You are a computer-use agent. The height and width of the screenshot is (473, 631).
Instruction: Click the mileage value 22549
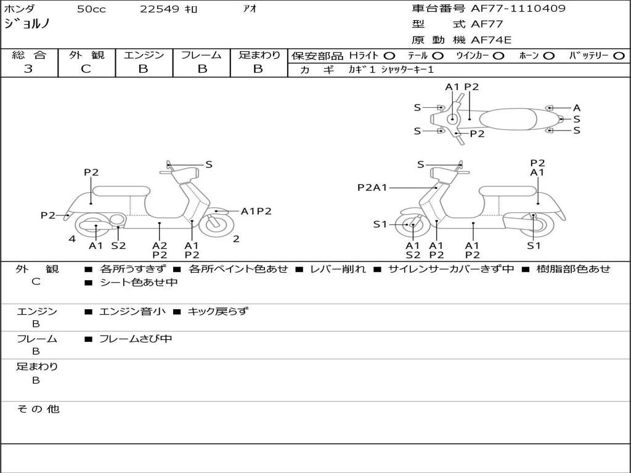point(160,9)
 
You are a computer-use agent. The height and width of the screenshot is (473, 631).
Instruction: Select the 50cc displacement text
point(91,9)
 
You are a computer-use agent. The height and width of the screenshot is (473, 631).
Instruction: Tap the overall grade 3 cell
point(28,69)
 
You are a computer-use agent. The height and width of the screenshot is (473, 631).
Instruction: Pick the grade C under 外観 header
point(86,69)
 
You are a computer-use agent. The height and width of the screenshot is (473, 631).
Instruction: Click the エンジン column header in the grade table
point(144,55)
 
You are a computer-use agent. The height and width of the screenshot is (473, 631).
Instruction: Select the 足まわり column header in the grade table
point(259,55)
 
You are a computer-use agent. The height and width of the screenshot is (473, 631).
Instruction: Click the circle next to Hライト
point(389,55)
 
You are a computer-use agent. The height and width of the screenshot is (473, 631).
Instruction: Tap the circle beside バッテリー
point(619,55)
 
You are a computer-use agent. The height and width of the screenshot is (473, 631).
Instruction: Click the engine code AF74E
point(491,41)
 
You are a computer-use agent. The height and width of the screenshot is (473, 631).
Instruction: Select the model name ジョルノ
point(27,25)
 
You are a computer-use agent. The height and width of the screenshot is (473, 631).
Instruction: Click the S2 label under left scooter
point(118,246)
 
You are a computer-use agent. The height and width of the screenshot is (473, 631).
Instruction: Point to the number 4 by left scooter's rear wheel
point(72,239)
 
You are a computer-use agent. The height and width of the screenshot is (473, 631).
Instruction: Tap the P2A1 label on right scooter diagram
point(372,187)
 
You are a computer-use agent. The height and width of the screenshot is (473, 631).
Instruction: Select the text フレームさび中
point(136,339)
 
